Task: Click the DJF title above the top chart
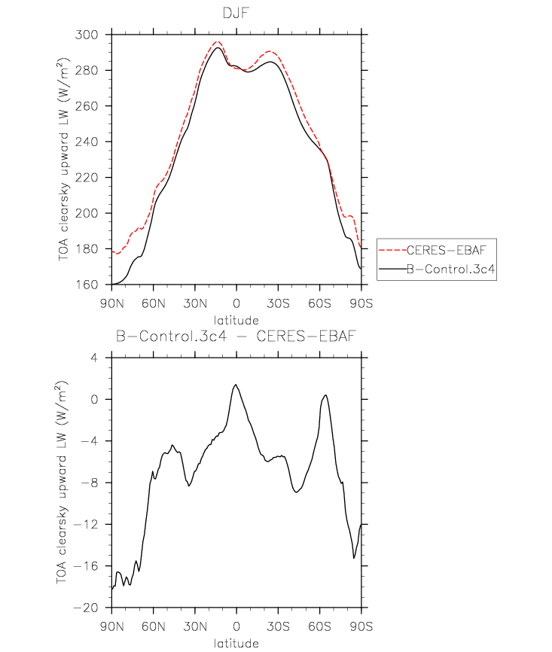pyautogui.click(x=236, y=13)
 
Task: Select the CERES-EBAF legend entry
pyautogui.click(x=447, y=250)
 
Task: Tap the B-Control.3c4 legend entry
pyautogui.click(x=450, y=269)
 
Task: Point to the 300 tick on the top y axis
pyautogui.click(x=87, y=35)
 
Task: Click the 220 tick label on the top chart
pyautogui.click(x=87, y=178)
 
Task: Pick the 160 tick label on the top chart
pyautogui.click(x=87, y=285)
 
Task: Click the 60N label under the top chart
pyautogui.click(x=154, y=303)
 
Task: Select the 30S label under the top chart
pyautogui.click(x=279, y=303)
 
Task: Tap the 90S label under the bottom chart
pyautogui.click(x=361, y=626)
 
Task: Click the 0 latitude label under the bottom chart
pyautogui.click(x=236, y=626)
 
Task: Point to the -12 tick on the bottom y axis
pyautogui.click(x=86, y=524)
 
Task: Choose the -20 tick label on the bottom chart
pyautogui.click(x=86, y=608)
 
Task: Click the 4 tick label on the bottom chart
pyautogui.click(x=94, y=358)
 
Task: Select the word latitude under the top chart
pyautogui.click(x=236, y=320)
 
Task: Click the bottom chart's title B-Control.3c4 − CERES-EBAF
pyautogui.click(x=236, y=336)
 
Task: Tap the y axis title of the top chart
pyautogui.click(x=63, y=160)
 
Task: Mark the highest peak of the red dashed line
pyautogui.click(x=217, y=41)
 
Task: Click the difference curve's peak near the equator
pyautogui.click(x=236, y=385)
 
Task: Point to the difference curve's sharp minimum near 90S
pyautogui.click(x=354, y=558)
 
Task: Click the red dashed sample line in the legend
pyautogui.click(x=392, y=250)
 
